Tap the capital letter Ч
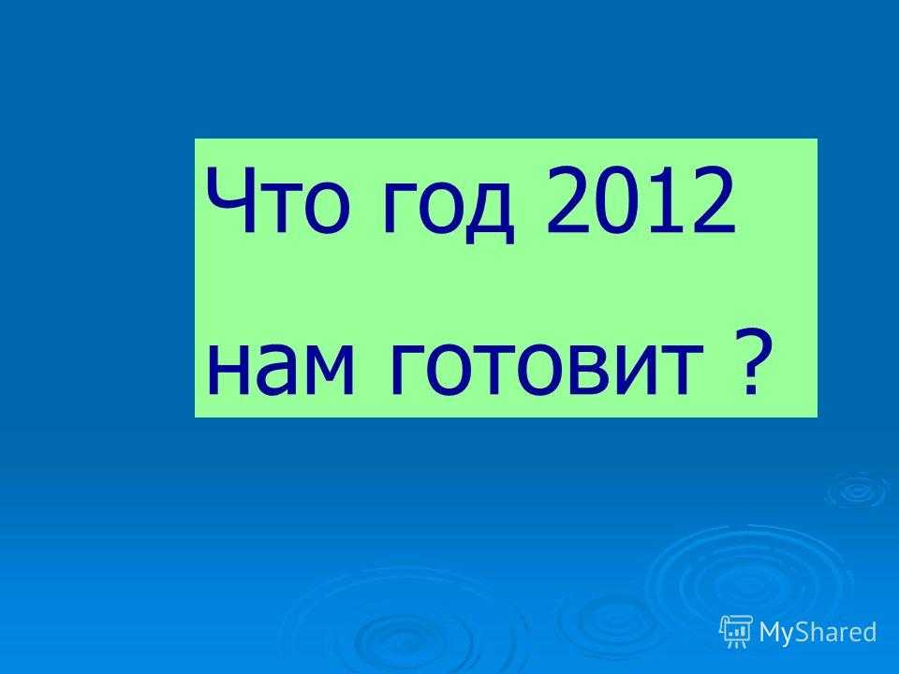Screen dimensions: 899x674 pos(229,200)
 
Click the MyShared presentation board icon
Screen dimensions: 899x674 pos(736,632)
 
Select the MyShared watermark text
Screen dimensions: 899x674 pos(818,632)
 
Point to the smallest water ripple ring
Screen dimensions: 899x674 pos(857,490)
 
